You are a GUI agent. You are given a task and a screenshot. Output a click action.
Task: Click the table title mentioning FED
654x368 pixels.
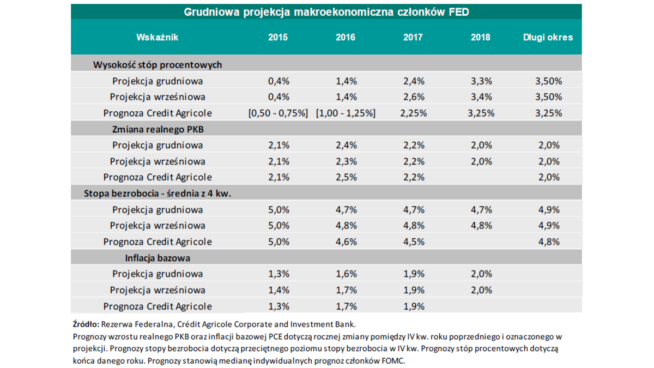pos(326,11)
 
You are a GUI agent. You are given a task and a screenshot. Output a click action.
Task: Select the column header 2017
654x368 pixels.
pos(413,37)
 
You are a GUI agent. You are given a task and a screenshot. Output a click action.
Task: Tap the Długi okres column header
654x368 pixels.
pos(548,37)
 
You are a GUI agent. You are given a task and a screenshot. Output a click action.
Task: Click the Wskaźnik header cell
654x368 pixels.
pos(158,37)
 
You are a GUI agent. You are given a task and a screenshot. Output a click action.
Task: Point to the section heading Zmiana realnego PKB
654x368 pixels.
pos(158,129)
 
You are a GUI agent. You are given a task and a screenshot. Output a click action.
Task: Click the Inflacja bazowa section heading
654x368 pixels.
pos(158,258)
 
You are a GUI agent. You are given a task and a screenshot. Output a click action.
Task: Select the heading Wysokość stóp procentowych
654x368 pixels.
pos(158,65)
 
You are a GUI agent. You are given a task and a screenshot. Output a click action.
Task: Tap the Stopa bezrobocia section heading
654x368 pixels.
pos(158,194)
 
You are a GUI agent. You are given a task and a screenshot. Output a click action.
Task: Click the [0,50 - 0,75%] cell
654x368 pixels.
pos(278,113)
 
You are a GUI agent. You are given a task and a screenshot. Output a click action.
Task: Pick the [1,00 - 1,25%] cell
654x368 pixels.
pos(346,113)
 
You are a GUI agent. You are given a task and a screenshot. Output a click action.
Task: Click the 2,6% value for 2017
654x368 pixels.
pos(413,97)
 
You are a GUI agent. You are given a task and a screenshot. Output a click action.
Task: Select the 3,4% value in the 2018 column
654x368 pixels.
pos(481,97)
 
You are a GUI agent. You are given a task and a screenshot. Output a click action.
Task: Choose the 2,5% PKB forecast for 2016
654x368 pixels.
pos(346,177)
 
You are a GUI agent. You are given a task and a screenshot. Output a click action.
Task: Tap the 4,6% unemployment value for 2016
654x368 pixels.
pos(346,242)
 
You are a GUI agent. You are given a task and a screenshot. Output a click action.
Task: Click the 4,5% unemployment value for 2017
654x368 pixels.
pos(413,242)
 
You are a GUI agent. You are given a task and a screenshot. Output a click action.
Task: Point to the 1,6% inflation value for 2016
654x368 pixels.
pos(346,274)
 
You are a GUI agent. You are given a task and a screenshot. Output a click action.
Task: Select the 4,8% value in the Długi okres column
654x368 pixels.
pos(548,242)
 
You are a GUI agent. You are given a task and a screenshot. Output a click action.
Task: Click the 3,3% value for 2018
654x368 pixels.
pos(481,81)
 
